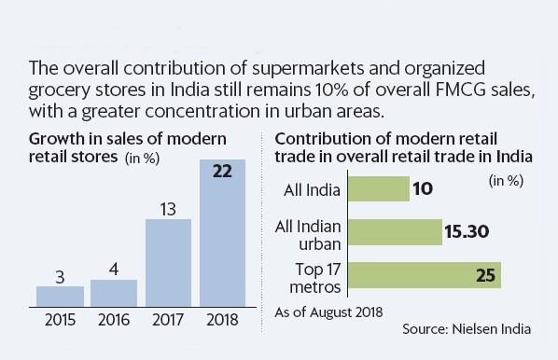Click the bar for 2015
point(60,297)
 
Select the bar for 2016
point(114,294)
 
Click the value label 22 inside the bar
point(222,173)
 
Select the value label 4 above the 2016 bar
point(114,269)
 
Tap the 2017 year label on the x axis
point(168,321)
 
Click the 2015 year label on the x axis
point(60,321)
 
